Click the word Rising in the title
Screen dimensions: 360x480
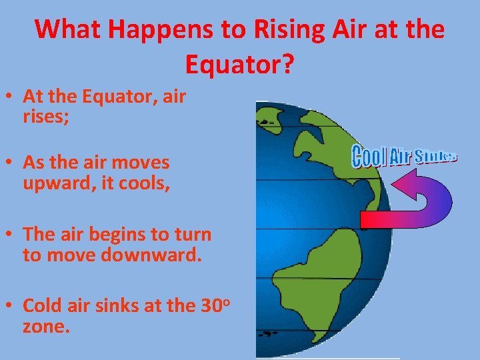point(288,29)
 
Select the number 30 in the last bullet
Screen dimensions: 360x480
point(211,306)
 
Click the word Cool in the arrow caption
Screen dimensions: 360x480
point(368,158)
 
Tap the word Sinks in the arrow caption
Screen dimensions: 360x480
point(435,157)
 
